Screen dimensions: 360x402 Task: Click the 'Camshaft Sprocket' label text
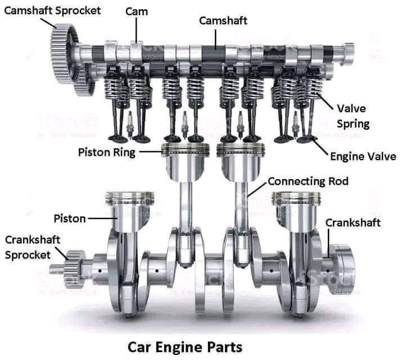point(53,10)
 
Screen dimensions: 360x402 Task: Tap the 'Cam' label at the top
point(137,11)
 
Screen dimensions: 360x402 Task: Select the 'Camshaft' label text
point(223,21)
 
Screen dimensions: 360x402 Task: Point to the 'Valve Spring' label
point(353,116)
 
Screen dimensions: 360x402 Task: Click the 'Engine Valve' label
point(363,157)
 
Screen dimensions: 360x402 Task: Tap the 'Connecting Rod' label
point(308,181)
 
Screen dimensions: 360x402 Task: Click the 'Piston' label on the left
point(70,218)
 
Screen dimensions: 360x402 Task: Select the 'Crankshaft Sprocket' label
point(28,247)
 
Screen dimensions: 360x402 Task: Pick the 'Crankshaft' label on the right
point(353,222)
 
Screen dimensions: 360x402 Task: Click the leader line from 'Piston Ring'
point(149,152)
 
